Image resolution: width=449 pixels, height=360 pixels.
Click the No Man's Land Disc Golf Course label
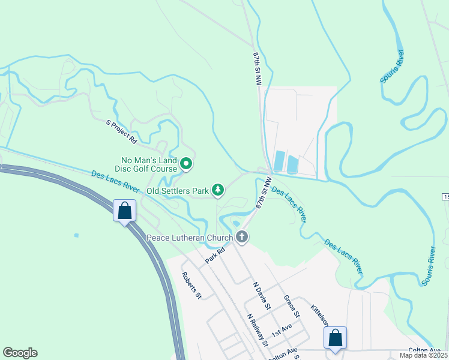[x=149, y=164]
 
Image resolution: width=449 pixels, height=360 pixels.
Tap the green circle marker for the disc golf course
[x=186, y=163]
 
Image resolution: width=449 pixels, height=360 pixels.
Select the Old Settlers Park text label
[x=179, y=191]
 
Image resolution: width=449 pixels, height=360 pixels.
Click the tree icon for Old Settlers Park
[x=217, y=191]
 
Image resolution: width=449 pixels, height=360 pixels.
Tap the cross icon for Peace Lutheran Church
[x=242, y=237]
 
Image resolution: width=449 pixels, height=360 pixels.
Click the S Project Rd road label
[x=122, y=132]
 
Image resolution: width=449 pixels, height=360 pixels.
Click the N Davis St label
[x=262, y=295]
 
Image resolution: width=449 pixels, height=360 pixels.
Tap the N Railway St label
[x=258, y=329]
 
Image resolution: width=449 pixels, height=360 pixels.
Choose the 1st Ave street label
[x=281, y=329]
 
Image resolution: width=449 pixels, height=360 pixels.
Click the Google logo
[x=20, y=353]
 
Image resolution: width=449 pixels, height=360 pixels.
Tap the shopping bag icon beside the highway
[x=125, y=211]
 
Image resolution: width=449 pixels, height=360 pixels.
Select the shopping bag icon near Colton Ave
[x=335, y=338]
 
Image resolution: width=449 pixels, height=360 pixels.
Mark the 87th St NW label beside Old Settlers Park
[x=262, y=192]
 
